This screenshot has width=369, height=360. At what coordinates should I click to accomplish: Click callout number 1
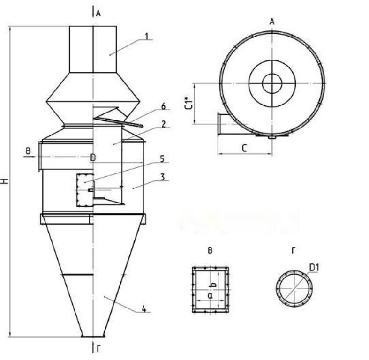click(147, 37)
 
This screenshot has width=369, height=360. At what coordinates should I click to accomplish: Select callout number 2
click(164, 124)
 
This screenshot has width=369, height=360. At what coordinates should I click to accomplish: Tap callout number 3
click(163, 177)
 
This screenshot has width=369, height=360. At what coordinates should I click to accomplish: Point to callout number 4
click(144, 309)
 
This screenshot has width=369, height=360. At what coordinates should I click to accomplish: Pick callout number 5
click(162, 159)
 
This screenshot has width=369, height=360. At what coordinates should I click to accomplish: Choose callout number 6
click(163, 106)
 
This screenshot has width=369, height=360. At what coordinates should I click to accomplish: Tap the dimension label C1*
click(189, 103)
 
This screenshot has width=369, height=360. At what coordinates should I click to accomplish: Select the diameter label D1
click(314, 268)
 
